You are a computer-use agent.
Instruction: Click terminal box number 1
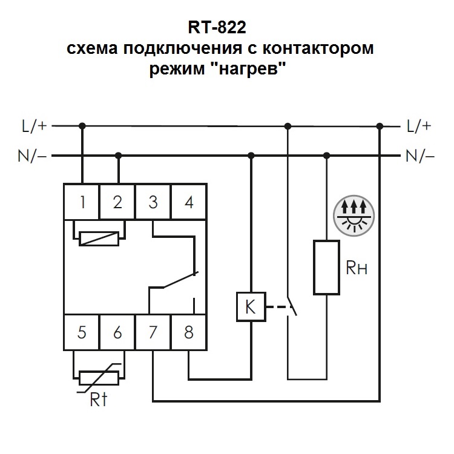[82, 202]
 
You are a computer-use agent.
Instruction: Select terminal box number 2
[117, 202]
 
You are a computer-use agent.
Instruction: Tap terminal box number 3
[153, 202]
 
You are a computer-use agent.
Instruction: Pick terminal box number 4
[189, 202]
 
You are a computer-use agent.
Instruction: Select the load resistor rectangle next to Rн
[326, 268]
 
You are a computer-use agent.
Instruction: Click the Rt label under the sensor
[100, 400]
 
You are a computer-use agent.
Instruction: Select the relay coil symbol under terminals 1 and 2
[99, 238]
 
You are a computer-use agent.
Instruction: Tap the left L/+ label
[33, 126]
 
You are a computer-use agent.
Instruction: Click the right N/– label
[420, 156]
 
